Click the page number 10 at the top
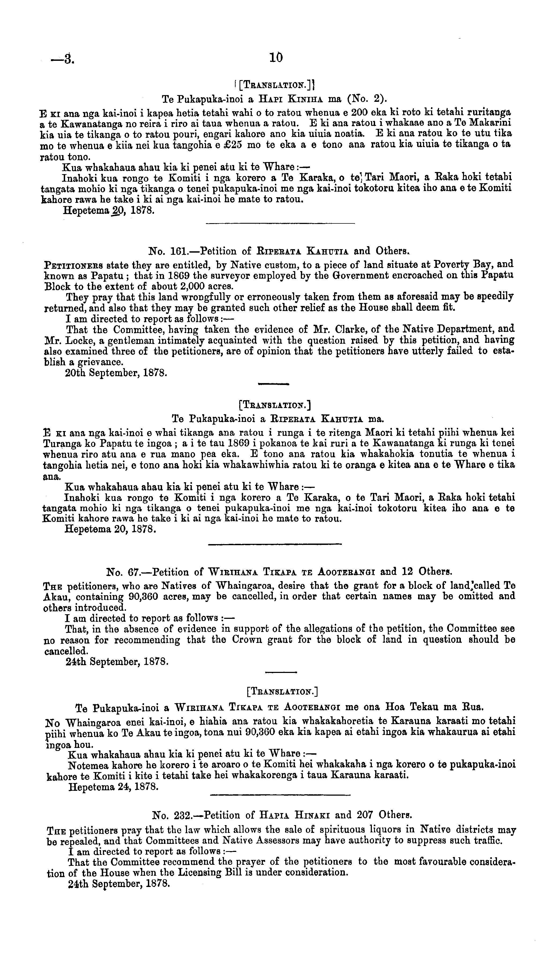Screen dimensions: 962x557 [276, 58]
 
